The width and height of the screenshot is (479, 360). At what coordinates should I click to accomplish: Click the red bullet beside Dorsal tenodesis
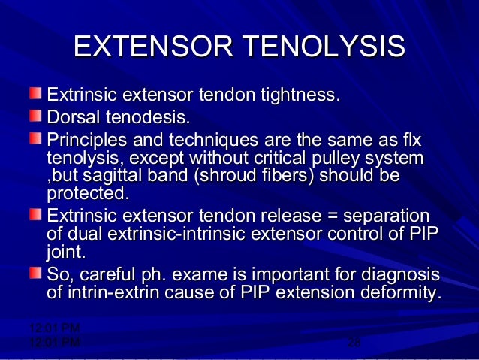tap(36, 116)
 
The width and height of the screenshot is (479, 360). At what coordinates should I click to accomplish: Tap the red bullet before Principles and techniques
tap(36, 138)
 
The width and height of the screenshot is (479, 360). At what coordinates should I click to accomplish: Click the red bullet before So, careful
tap(36, 271)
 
